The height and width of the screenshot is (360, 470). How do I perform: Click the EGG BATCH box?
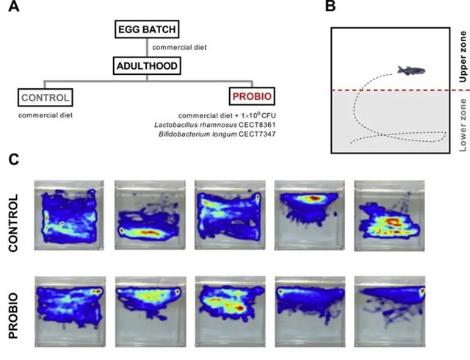coord(148,30)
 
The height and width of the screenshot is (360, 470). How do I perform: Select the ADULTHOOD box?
coord(148,67)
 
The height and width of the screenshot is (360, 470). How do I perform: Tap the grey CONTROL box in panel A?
coord(45,96)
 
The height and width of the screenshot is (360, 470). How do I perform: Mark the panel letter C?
coord(14,159)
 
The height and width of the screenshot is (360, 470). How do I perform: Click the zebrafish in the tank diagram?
coord(408,70)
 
